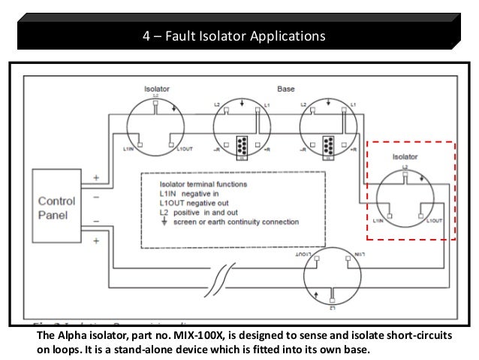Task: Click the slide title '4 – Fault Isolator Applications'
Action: [235, 35]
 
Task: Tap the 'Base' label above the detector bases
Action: [286, 89]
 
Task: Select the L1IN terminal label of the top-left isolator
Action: [129, 150]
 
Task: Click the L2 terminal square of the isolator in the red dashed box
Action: [405, 177]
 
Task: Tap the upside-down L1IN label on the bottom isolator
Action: [356, 255]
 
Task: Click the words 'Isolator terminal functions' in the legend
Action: [198, 183]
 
